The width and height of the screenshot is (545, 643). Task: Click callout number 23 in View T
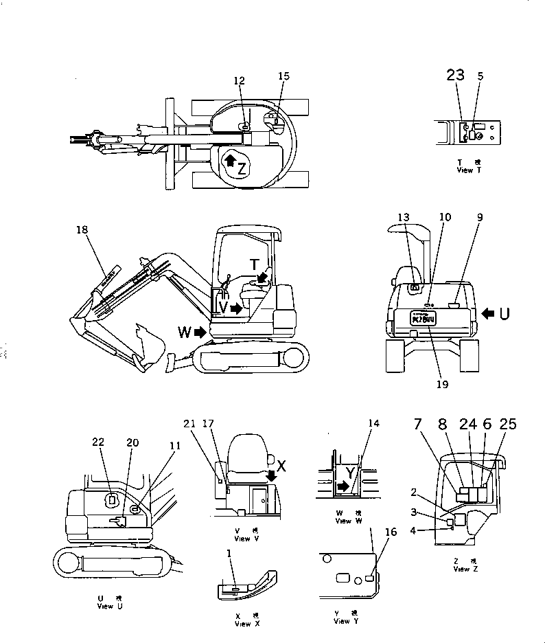click(x=456, y=76)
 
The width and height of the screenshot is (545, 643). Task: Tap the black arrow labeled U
click(x=488, y=313)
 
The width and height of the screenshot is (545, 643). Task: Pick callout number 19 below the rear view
click(x=442, y=385)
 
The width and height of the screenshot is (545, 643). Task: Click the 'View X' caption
click(x=243, y=620)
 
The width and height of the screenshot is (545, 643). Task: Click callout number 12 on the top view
click(x=238, y=81)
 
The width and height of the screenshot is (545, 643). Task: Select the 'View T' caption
click(x=465, y=169)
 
